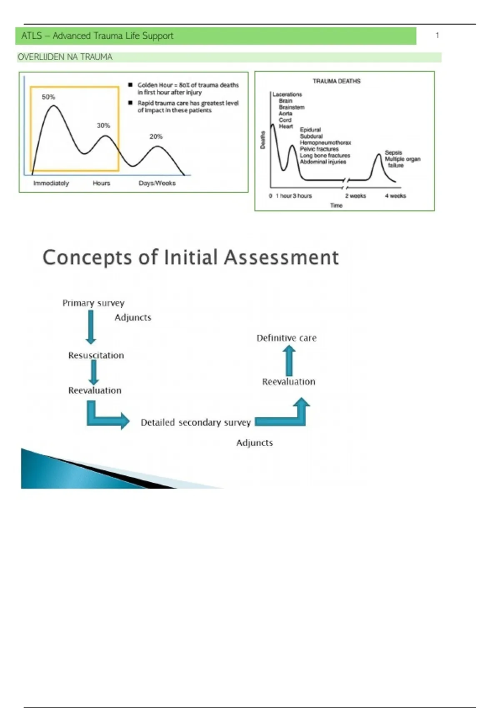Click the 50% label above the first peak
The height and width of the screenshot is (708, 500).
click(x=48, y=97)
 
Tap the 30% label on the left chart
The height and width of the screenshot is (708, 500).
click(x=103, y=125)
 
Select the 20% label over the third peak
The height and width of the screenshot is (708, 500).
click(x=156, y=137)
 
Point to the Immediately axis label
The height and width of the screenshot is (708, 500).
click(x=51, y=183)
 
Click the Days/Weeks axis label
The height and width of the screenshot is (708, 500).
click(x=157, y=183)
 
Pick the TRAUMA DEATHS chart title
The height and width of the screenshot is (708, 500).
click(x=337, y=81)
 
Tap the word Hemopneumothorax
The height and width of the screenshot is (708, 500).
click(x=325, y=142)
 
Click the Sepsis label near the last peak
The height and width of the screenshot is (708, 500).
click(x=393, y=152)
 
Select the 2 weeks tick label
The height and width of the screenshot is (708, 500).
click(x=355, y=196)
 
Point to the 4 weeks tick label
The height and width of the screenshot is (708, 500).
click(x=395, y=196)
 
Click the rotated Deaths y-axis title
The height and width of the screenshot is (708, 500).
click(x=263, y=140)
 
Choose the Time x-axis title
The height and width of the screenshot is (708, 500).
click(x=336, y=205)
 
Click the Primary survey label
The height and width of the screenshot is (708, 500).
click(x=93, y=303)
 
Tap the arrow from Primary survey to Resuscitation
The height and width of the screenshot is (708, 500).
click(x=91, y=327)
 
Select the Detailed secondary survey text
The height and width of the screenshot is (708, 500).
click(x=196, y=423)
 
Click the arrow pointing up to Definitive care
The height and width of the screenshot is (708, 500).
click(x=289, y=361)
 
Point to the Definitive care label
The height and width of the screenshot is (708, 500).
click(x=286, y=338)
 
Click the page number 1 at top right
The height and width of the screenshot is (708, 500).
click(x=437, y=35)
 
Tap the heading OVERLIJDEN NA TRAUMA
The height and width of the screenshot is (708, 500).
click(x=65, y=57)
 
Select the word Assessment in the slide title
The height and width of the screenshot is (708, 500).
click(x=281, y=257)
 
